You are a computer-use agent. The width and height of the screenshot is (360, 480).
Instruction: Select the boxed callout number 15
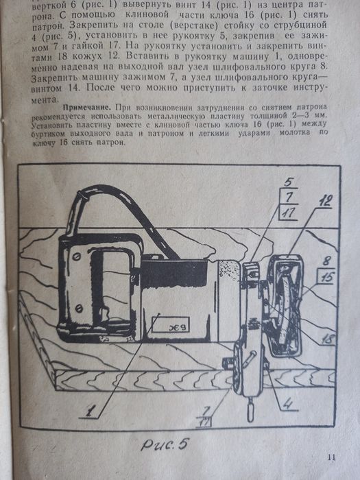point(326,277)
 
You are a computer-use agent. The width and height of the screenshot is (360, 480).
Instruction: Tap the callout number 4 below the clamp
point(291,403)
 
